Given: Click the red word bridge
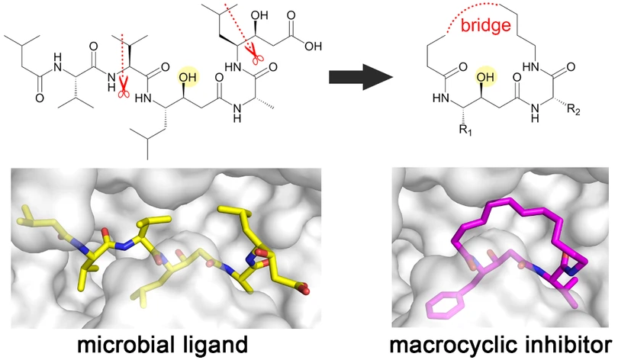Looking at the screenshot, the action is (485, 26).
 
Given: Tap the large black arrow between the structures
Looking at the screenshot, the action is (361, 77).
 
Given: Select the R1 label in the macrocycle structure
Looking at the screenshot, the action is (465, 130).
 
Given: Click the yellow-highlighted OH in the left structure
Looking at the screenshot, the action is (188, 77).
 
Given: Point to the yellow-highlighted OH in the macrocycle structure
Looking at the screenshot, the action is (485, 77).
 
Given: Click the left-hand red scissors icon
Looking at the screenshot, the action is (124, 91).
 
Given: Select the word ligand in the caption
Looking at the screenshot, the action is (211, 345).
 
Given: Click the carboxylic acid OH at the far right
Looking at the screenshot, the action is (314, 47).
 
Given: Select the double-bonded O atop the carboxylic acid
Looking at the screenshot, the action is (291, 16).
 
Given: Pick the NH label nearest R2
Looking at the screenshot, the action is (535, 112).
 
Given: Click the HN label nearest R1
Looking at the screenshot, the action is (440, 98).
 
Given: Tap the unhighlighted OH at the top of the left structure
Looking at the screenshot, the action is (259, 16).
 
